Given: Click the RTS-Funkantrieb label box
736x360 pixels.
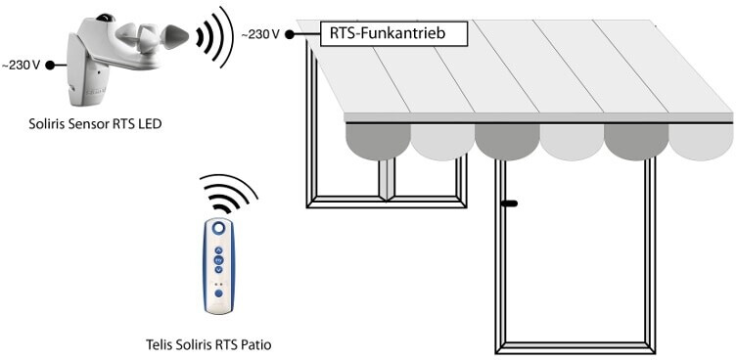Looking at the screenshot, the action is [x=393, y=34].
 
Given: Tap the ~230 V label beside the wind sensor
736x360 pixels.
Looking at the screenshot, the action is [x=21, y=66].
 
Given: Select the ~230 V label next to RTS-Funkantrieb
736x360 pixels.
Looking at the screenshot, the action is [x=260, y=34].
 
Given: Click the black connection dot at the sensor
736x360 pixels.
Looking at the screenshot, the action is [x=50, y=66].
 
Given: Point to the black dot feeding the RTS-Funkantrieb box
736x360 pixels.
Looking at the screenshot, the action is [x=290, y=34].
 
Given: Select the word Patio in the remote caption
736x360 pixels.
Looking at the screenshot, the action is [x=258, y=345].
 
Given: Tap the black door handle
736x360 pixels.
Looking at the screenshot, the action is [x=509, y=203].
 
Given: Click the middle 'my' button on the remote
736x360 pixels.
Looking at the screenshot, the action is [x=218, y=260].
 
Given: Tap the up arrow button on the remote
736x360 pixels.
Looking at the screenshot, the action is [x=218, y=250].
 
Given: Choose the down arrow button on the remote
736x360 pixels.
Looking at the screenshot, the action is [x=218, y=269].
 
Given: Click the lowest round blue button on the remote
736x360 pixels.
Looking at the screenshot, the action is [x=218, y=293].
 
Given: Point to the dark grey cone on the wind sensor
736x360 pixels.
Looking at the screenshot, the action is [x=175, y=35].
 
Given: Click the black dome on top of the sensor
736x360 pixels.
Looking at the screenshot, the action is [x=105, y=18].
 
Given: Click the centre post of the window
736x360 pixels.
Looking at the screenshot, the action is [x=388, y=179].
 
